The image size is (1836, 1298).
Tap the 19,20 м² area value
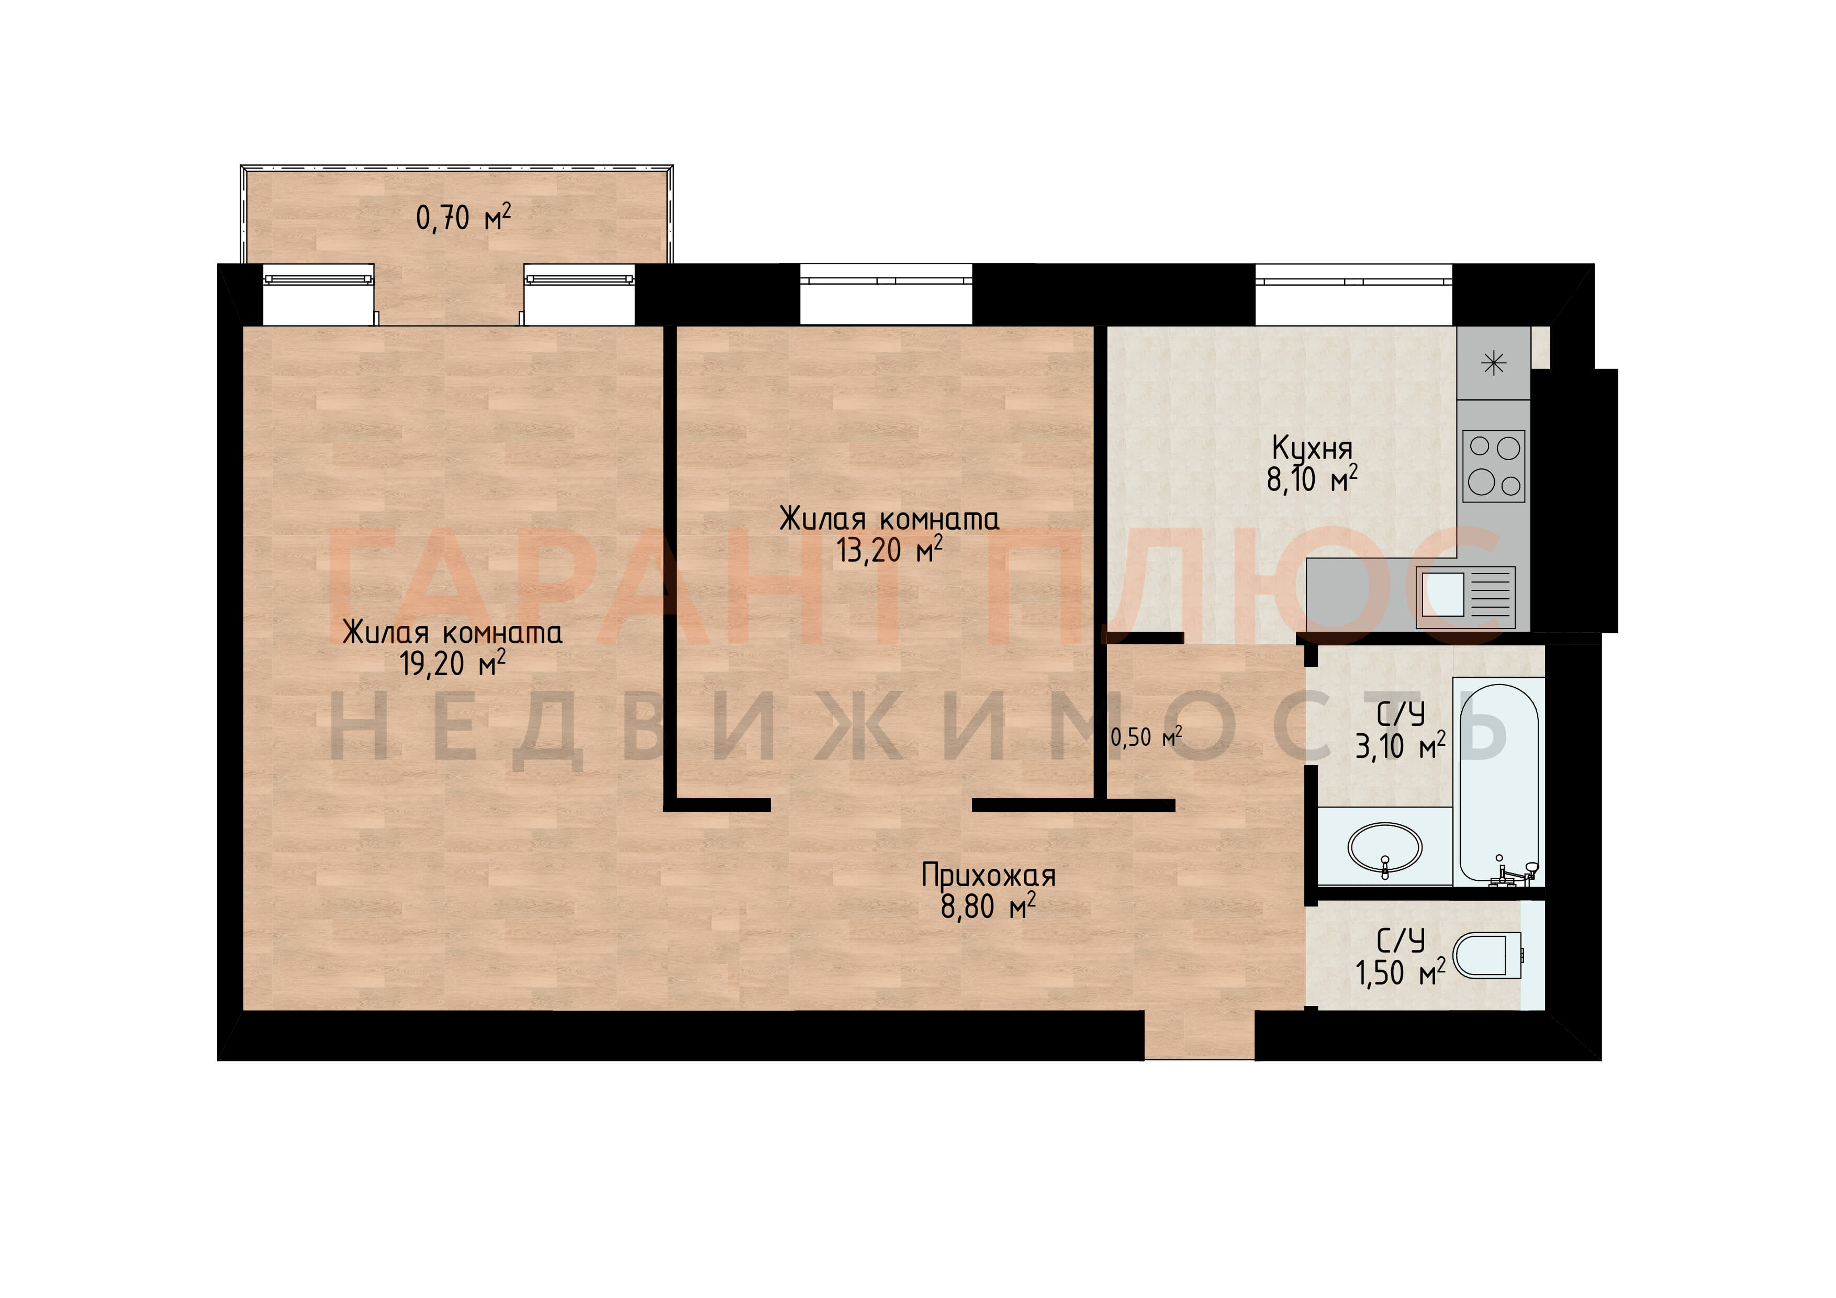point(453,663)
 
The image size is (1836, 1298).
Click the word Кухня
point(1312,448)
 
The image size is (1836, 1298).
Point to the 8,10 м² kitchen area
point(1312,479)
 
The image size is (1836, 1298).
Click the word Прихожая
point(988,876)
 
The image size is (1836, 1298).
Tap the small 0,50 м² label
point(1146,736)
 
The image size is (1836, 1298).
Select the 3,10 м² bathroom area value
point(1400,745)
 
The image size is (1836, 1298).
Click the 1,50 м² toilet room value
point(1400,972)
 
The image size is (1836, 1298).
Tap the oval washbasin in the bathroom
point(1385,847)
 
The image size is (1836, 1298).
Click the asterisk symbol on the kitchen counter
point(1494,364)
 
